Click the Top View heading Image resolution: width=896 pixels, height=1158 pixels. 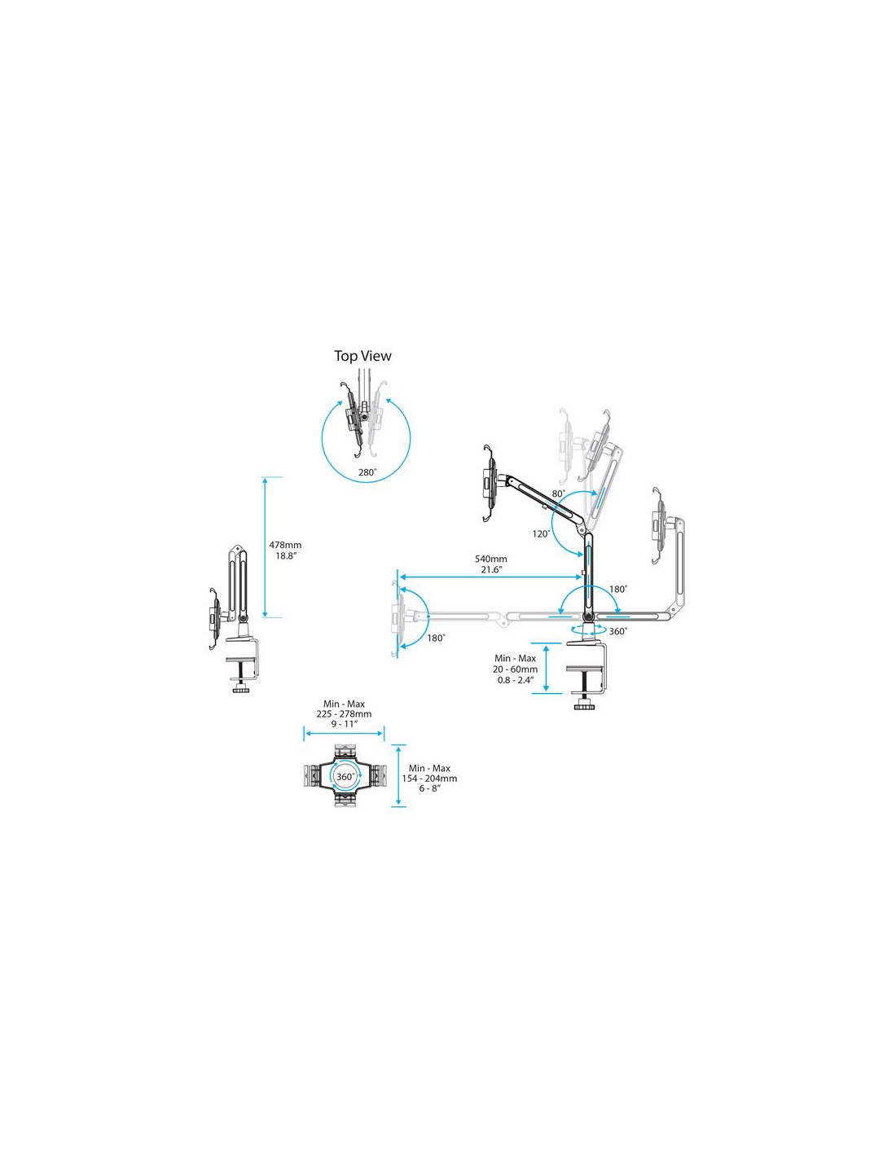click(362, 356)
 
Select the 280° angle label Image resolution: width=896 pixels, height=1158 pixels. click(367, 472)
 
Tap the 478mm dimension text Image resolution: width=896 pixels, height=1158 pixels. click(285, 545)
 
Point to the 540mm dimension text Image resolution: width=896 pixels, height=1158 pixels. click(491, 559)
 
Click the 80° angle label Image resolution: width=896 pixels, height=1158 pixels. click(558, 494)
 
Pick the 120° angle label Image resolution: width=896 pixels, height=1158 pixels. click(541, 533)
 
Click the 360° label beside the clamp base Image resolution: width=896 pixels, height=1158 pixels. click(618, 631)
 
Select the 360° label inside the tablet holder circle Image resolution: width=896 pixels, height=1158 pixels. click(345, 777)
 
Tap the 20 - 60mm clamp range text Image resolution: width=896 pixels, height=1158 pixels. click(515, 669)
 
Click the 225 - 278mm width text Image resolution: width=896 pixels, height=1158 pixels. click(344, 714)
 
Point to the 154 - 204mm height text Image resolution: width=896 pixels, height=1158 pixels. click(429, 778)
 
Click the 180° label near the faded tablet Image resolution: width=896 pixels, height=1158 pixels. click(436, 638)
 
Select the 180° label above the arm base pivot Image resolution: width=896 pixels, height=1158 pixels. click(618, 590)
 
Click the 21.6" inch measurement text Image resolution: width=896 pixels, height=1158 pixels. click(491, 570)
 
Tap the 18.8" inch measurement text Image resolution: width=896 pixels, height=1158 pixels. click(285, 556)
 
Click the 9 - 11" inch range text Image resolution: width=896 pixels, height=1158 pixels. click(344, 724)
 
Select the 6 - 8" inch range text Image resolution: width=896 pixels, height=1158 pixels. click(429, 788)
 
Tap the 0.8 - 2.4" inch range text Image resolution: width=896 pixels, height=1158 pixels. click(515, 679)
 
